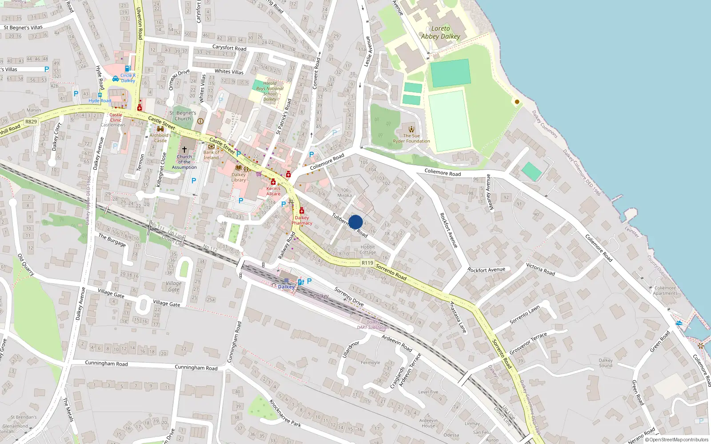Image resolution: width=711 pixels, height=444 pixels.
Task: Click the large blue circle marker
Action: point(355,222)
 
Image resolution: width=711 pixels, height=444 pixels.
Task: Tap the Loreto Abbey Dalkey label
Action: point(440,32)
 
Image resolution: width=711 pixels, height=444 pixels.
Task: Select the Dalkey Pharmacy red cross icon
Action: point(302,210)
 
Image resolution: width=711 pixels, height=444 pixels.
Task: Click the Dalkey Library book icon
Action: point(239,168)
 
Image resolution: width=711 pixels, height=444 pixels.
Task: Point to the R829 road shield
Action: point(31,122)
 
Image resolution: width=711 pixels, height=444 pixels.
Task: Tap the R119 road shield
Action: point(367,263)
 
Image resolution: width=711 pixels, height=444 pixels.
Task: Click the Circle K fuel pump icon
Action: point(128,69)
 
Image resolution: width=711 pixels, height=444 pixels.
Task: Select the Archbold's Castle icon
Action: point(160,129)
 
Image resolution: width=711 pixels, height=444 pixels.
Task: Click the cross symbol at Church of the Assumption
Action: point(184,150)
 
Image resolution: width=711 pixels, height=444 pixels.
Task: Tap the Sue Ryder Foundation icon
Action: point(411,129)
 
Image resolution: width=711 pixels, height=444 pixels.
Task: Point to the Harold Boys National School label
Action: point(270,91)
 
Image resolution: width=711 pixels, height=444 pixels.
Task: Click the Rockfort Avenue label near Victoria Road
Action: point(486,270)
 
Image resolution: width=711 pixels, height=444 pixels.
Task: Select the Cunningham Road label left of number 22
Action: point(106,364)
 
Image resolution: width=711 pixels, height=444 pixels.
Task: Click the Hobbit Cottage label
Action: point(368,250)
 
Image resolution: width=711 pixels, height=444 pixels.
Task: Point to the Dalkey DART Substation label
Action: point(373,325)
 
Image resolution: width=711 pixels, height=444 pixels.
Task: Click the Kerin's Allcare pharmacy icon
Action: point(273,182)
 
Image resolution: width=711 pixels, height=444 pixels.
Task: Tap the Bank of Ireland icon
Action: point(212,146)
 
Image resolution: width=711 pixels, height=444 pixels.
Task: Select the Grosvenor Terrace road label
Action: point(528,343)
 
